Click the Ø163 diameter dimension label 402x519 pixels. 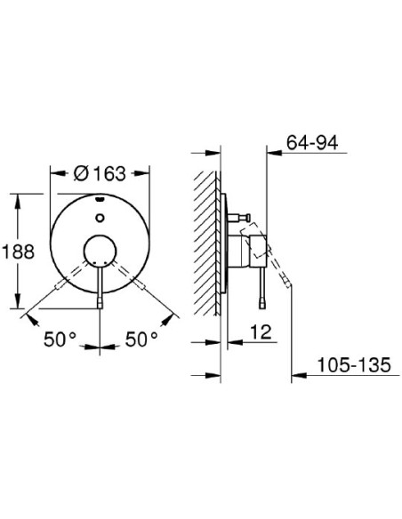(100, 173)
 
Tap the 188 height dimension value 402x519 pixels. (18, 251)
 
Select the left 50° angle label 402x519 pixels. (60, 339)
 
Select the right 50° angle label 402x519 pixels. (141, 339)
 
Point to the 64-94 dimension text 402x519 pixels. (312, 143)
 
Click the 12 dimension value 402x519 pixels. (261, 332)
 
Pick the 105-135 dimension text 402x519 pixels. (354, 364)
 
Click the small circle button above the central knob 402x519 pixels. (100, 218)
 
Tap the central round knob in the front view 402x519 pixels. (100, 252)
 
